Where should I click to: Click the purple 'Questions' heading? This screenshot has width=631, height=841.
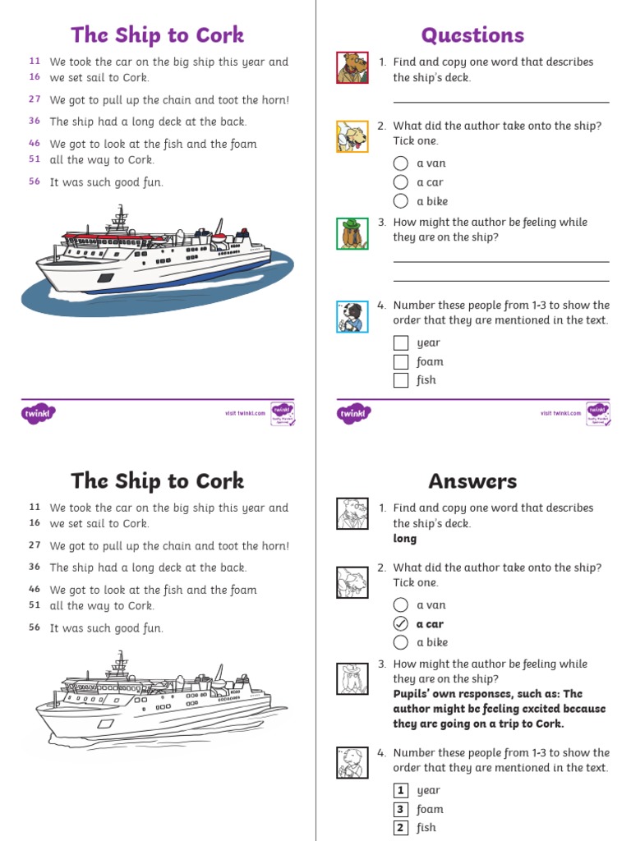coord(472,35)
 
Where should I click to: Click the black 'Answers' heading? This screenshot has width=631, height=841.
coord(472,481)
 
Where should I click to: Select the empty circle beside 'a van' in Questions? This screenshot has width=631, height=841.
coord(400,163)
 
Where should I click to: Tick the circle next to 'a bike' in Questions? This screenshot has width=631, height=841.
coord(400,201)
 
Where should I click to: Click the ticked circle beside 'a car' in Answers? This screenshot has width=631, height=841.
coord(400,624)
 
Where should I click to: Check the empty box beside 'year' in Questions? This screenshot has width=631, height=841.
coord(401,343)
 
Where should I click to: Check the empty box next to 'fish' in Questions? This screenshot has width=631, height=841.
coord(401,380)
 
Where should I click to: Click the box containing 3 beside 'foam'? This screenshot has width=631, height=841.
coord(401,810)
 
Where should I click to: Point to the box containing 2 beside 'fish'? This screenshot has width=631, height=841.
coord(401,828)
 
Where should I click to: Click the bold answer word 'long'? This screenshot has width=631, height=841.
coord(405,539)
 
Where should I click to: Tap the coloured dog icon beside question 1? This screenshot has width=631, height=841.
coord(352,68)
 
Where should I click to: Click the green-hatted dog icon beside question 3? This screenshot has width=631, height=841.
coord(352,233)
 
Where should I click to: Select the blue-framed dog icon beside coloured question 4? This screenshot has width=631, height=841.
coord(352,317)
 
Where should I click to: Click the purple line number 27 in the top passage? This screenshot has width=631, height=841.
coord(35,99)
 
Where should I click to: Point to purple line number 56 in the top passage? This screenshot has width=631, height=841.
coord(35,182)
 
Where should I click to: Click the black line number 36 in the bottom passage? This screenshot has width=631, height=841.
coord(35,567)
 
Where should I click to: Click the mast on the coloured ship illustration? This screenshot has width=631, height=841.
coord(121,218)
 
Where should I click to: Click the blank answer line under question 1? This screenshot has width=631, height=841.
coord(501,103)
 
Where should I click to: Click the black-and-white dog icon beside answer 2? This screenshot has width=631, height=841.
coord(352,582)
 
